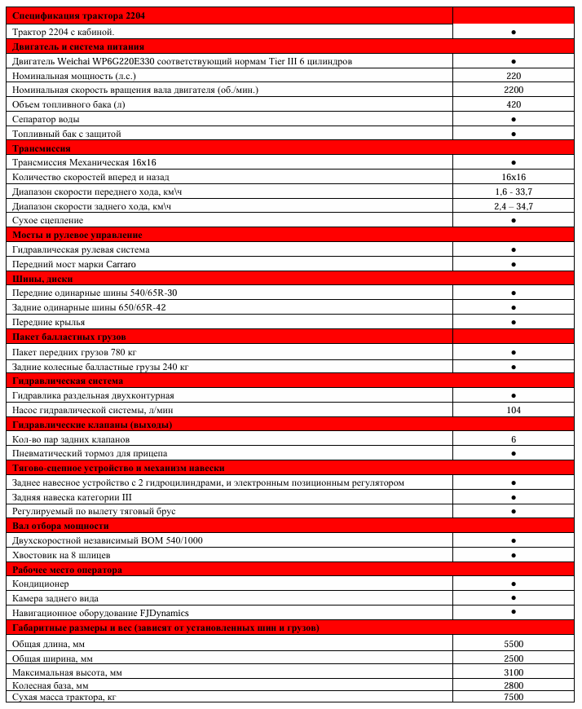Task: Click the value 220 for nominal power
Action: [x=514, y=75]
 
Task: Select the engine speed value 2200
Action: [x=514, y=90]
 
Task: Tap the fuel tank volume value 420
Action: [x=514, y=104]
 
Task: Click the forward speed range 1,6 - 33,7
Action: [x=514, y=192]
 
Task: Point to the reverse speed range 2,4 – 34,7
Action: [x=514, y=206]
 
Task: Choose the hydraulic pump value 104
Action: [x=514, y=410]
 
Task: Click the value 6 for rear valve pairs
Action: [x=514, y=439]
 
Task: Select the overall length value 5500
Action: [x=514, y=644]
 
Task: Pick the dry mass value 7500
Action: [x=514, y=699]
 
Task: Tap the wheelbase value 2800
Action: [x=514, y=686]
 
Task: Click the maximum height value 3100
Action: [x=514, y=672]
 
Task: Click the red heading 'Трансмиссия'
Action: [x=42, y=148]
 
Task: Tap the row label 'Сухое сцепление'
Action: [x=48, y=221]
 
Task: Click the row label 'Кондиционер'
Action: [x=41, y=584]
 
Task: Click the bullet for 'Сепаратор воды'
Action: [x=514, y=119]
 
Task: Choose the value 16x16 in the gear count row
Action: [x=514, y=177]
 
